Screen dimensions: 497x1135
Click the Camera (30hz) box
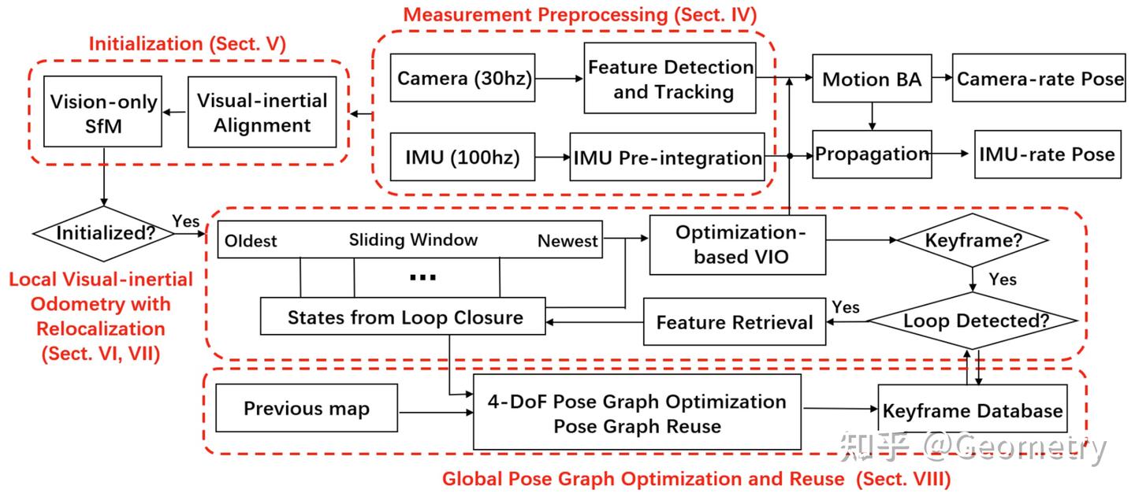[x=463, y=79]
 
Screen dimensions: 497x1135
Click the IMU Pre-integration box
[x=667, y=158]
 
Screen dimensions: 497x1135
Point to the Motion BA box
[x=872, y=79]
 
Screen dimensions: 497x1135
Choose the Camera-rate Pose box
[x=1040, y=79]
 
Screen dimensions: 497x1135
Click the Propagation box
[x=872, y=154]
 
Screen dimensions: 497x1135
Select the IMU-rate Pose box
[x=1047, y=154]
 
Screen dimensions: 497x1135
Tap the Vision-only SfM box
[x=103, y=113]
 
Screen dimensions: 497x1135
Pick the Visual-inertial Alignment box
[x=262, y=113]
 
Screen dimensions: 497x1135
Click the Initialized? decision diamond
[x=105, y=233]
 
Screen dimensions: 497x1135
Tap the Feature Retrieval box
[x=734, y=322]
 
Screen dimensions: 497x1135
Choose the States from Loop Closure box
[x=404, y=317]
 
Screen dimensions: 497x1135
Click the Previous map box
[x=307, y=409]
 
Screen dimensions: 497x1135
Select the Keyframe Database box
[x=972, y=411]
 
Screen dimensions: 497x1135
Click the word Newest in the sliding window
[x=567, y=241]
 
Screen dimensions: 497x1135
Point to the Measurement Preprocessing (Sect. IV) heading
[x=579, y=15]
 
